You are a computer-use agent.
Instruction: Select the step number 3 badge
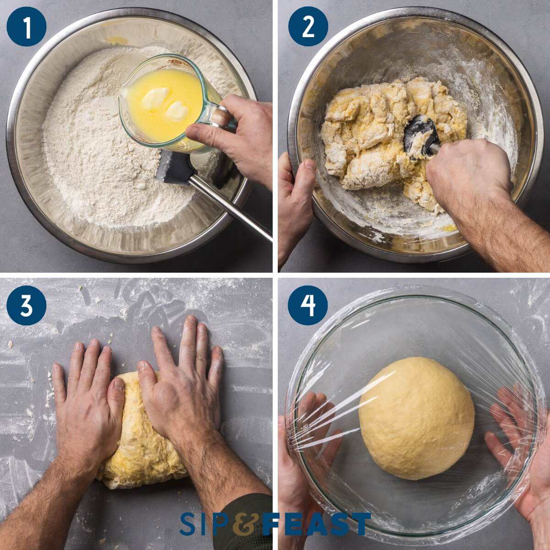pos(27,305)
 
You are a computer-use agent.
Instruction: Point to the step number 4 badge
pos(308,305)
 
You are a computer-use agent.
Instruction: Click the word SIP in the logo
pos(204,524)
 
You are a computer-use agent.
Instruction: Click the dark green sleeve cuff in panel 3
pos(247,513)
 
